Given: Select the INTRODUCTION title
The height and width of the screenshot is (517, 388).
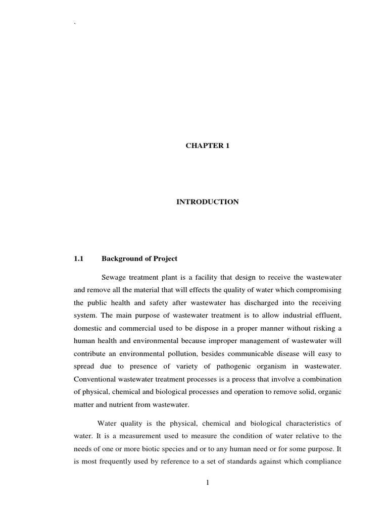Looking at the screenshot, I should (x=207, y=202).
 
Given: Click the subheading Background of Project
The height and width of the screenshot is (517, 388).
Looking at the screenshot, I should (x=139, y=258).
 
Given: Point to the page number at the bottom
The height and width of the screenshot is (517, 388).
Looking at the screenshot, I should (x=207, y=482).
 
